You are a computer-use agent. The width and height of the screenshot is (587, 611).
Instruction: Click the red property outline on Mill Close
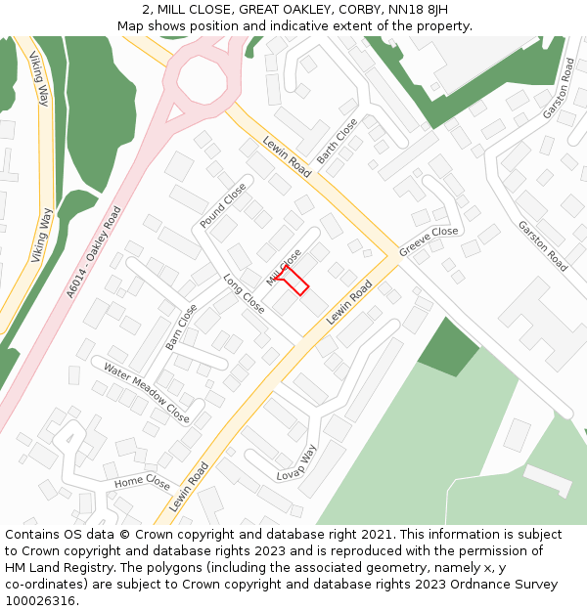(293, 282)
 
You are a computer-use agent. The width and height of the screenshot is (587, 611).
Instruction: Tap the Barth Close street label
(339, 141)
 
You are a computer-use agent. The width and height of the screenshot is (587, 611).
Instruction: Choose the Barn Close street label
(181, 327)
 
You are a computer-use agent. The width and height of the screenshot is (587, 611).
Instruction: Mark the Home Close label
(142, 482)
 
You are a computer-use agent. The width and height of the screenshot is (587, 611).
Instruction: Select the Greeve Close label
(429, 242)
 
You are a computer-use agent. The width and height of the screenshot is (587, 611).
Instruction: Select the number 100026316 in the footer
(39, 601)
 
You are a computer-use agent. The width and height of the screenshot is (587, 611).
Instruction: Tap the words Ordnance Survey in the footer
(508, 585)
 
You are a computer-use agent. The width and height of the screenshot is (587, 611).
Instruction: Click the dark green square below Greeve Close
(449, 346)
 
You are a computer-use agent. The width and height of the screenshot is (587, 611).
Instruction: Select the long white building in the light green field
(547, 479)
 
